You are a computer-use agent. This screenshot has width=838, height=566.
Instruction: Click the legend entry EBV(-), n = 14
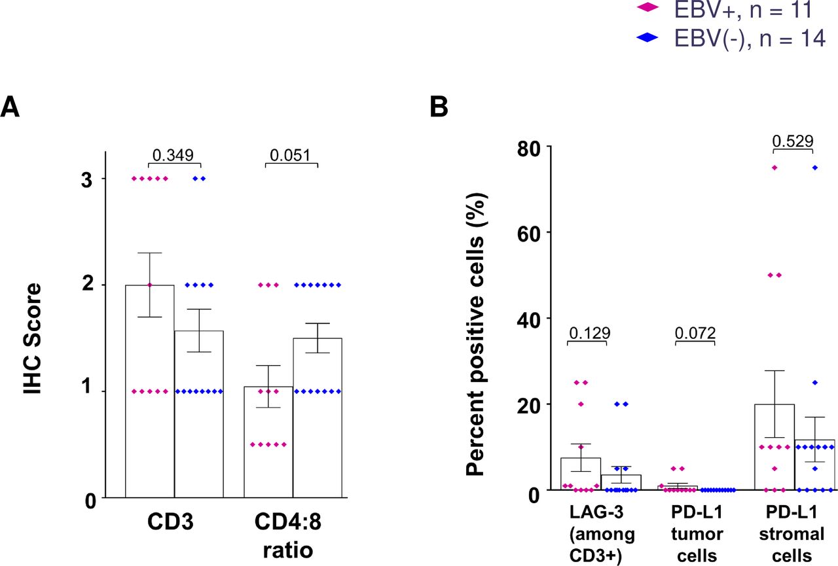[x=739, y=39]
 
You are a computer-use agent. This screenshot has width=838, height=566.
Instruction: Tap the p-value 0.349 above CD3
[x=173, y=154]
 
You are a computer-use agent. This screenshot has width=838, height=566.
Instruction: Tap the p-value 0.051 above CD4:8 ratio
[x=291, y=154]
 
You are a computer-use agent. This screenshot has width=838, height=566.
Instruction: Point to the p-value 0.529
[x=792, y=140]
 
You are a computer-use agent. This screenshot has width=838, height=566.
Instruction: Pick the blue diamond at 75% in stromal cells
[x=815, y=168]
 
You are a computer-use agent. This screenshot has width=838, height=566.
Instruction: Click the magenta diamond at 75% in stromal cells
[x=774, y=168]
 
